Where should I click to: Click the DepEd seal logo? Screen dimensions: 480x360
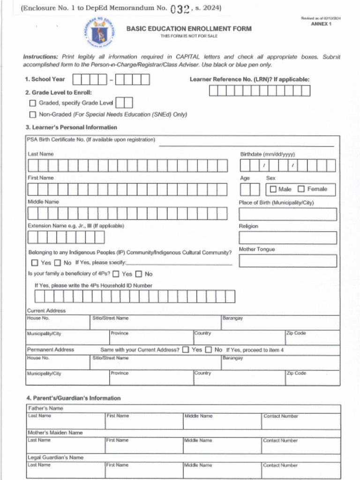99,33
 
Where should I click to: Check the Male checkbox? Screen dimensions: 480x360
273,189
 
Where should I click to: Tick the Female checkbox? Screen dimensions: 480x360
301,189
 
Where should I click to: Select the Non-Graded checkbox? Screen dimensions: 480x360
32,114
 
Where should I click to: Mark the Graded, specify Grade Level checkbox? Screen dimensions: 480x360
32,103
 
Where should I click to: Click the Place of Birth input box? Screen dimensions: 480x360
287,214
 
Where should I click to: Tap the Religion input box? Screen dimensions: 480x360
287,238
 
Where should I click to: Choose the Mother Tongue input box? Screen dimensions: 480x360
287,261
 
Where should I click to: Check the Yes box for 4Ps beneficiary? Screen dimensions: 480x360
116,274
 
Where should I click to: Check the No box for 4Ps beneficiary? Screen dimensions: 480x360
139,274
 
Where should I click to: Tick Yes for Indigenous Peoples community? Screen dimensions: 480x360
35,263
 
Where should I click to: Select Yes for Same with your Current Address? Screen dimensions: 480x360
186,350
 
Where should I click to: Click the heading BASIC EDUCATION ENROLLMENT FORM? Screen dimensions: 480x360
188,29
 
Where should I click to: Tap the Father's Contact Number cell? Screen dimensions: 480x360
300,421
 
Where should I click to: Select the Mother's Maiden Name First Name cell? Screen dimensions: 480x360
143,445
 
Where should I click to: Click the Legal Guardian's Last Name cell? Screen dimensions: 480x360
66,470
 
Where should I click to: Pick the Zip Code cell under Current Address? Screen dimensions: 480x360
312,337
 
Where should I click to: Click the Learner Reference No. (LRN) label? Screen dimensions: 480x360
249,80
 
